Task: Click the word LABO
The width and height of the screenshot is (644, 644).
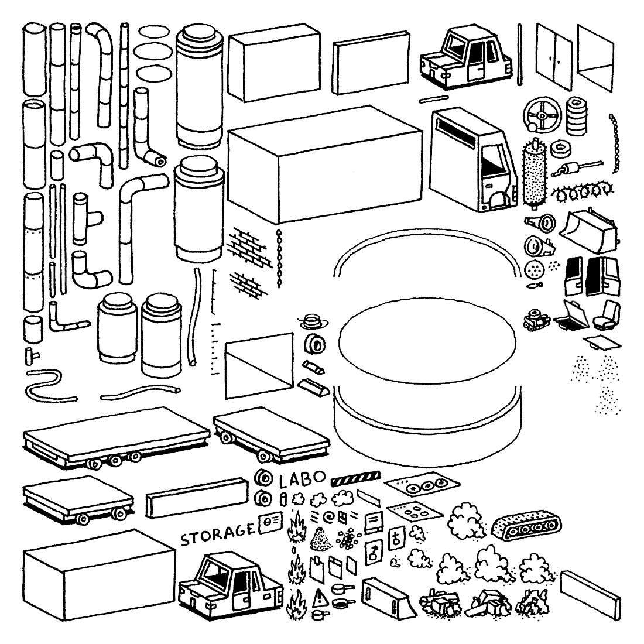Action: click(302, 481)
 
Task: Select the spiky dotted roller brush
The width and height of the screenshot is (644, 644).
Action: click(533, 173)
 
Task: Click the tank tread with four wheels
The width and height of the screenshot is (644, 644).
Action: click(527, 526)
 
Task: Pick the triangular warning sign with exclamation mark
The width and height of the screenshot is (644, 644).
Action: click(320, 597)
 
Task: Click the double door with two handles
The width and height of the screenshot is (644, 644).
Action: click(554, 52)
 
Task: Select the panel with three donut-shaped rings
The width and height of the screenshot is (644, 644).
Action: click(420, 485)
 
